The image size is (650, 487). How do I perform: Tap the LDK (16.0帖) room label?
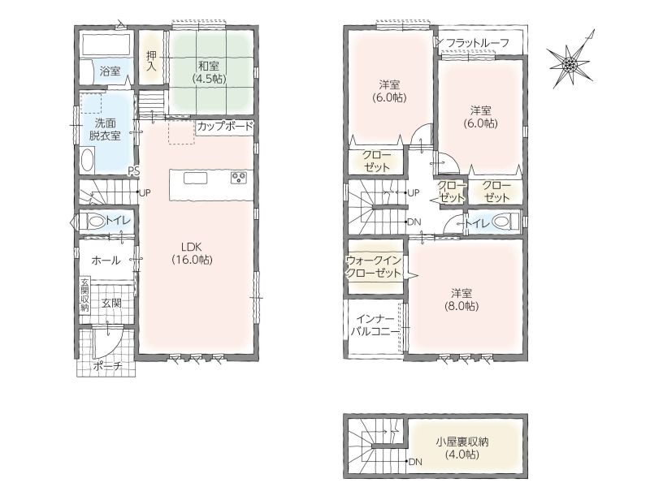[192, 253]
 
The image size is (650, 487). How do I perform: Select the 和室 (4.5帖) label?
[209, 72]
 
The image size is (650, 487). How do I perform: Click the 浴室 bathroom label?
[110, 71]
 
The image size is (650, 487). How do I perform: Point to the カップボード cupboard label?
[225, 126]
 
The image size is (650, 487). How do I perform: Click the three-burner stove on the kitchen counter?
[239, 178]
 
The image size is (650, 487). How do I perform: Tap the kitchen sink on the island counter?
[196, 179]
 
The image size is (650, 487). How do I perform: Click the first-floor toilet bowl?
[96, 222]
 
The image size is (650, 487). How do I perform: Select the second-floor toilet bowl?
[503, 222]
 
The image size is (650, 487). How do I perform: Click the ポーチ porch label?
[108, 366]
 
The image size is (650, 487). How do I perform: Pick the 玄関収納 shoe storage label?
[85, 295]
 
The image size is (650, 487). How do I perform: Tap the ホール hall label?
[106, 260]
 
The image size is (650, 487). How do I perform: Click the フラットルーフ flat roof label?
[478, 43]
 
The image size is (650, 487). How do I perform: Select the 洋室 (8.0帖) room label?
[461, 300]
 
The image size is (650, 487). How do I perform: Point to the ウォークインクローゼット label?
[374, 267]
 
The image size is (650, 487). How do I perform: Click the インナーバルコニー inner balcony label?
[375, 325]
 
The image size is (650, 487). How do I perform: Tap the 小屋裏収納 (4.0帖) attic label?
[461, 448]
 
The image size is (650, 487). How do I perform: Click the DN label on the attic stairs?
[415, 462]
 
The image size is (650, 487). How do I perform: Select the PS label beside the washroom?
[133, 170]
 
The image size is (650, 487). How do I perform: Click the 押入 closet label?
[151, 60]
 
